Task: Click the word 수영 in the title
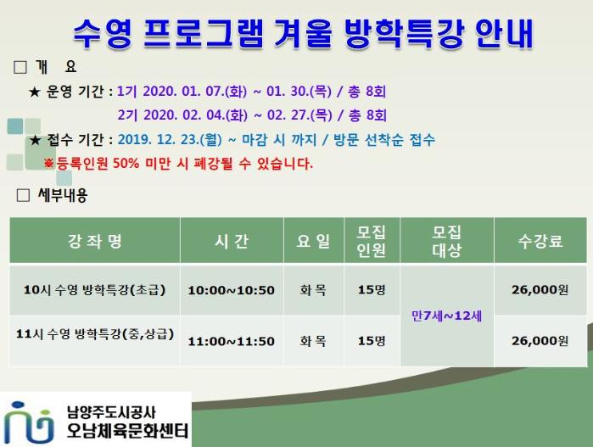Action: pos(103,33)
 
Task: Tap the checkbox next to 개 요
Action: pos(20,67)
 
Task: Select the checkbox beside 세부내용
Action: pos(24,195)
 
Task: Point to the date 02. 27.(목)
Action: pos(299,115)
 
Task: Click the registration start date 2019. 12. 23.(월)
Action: pos(170,140)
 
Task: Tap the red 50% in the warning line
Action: pos(126,164)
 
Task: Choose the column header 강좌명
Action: pos(94,241)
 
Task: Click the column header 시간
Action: pos(232,241)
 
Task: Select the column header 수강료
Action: pos(540,241)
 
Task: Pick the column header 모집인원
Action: pos(372,241)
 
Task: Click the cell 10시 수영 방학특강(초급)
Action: pos(94,290)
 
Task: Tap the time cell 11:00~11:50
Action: pos(232,341)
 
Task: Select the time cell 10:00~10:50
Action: pos(232,290)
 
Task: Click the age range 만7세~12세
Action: pos(446,316)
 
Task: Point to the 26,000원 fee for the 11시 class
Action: pos(540,341)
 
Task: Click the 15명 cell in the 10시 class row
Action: pos(372,290)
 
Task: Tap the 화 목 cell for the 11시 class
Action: pos(313,341)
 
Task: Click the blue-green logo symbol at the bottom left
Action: pos(28,422)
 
